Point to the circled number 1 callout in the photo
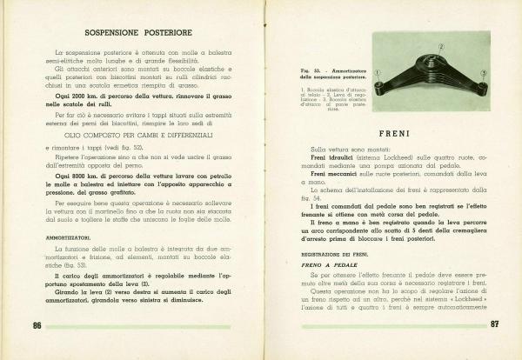click(377, 73)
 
